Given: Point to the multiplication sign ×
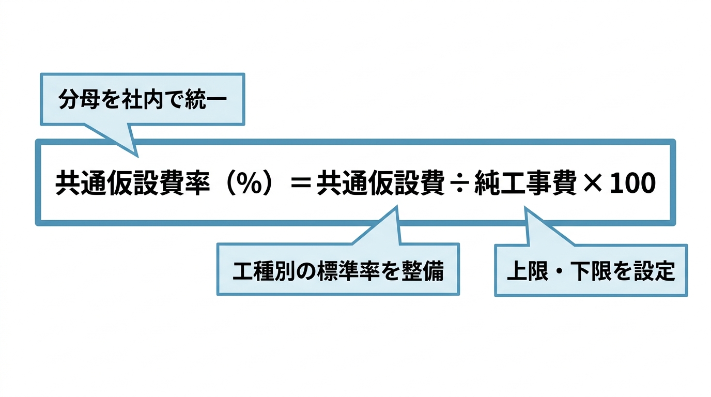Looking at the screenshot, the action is pos(593,184).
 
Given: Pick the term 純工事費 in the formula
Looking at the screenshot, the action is pos(525,183).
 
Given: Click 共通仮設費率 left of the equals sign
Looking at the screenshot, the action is pos(133,183).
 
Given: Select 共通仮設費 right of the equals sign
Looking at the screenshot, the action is pos(381,183).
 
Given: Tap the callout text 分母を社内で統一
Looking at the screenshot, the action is pos(143,99).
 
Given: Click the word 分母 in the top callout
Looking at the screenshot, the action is pos(79,99).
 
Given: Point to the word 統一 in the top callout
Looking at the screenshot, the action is pos(206,99).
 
